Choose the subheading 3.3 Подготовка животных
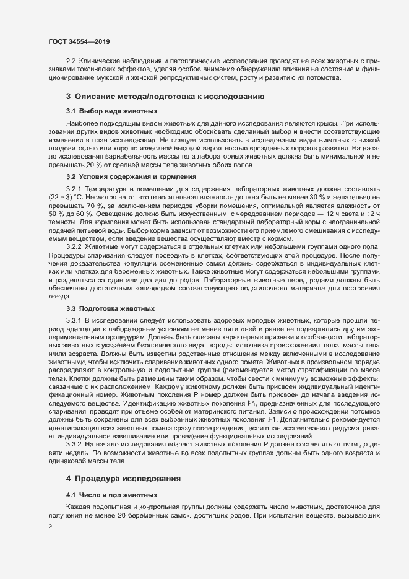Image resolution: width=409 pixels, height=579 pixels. (110, 308)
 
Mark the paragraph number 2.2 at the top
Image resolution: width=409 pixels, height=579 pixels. (71, 61)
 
